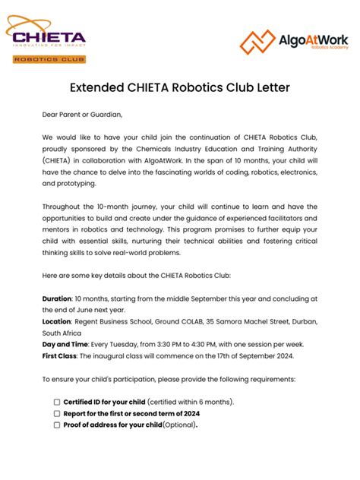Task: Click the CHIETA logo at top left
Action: (x=46, y=35)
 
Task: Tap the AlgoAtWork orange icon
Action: (x=257, y=42)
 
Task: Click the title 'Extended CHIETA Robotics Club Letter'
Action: (x=179, y=87)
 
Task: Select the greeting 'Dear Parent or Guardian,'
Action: (x=82, y=115)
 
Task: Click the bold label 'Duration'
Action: (x=57, y=298)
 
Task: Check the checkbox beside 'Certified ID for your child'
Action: (x=57, y=402)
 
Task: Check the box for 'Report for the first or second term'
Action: (x=57, y=413)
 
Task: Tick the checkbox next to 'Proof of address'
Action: (x=57, y=425)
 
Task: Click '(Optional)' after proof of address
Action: (x=180, y=425)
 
